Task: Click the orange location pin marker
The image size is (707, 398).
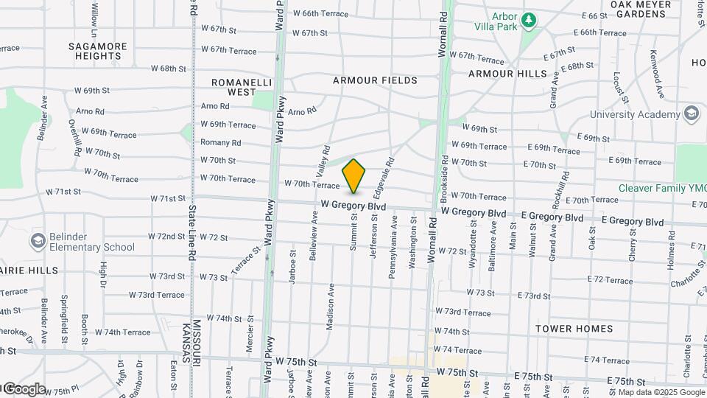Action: [354, 175]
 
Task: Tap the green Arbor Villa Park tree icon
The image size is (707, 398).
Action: [528, 20]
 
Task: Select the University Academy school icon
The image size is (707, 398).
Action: [691, 114]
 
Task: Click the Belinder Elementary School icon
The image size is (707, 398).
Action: [38, 241]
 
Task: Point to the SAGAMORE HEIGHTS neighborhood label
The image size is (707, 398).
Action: [98, 51]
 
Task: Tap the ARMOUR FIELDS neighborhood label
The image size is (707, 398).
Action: [375, 80]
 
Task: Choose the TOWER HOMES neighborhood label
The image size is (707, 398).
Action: [574, 328]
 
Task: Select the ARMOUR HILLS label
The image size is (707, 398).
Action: [508, 74]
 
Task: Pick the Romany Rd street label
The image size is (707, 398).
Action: [221, 143]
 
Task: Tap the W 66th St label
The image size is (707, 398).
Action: [314, 13]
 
